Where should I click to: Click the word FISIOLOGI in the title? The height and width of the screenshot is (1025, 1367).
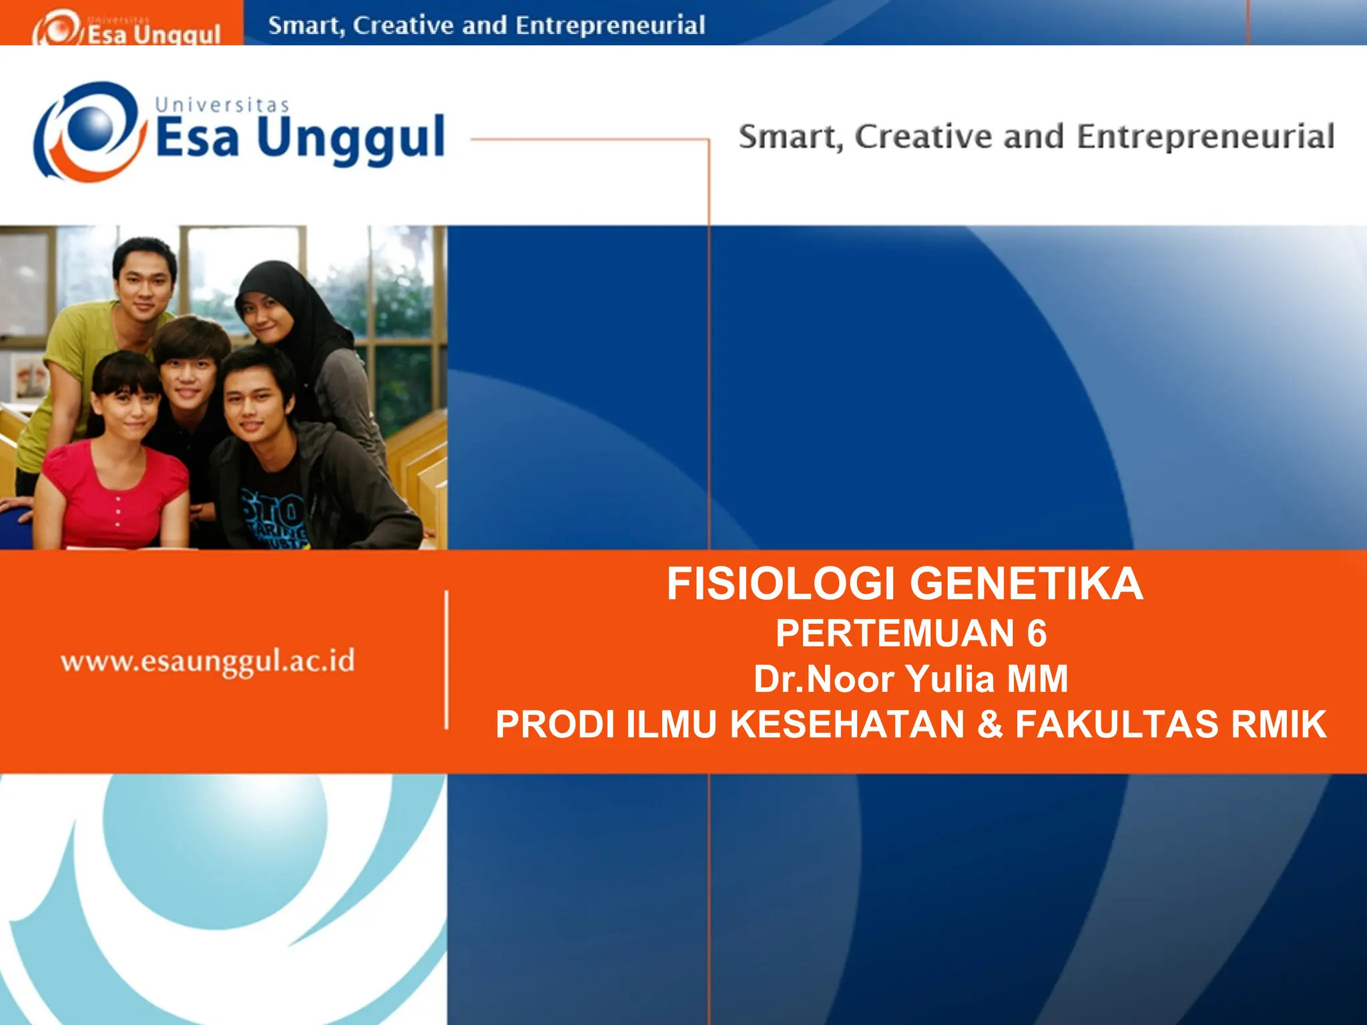click(x=780, y=584)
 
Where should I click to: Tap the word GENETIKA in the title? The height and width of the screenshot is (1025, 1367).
click(x=1027, y=584)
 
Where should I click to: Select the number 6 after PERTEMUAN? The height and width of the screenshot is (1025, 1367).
click(x=1037, y=633)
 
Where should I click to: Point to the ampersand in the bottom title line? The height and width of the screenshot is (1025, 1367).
click(x=990, y=724)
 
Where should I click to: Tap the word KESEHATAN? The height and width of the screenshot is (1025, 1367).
click(x=847, y=724)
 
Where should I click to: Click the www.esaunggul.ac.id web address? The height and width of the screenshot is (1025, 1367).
click(x=208, y=661)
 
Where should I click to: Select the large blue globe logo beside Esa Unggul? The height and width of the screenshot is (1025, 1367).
click(x=90, y=131)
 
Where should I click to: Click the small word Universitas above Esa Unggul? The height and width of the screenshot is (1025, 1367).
click(x=222, y=105)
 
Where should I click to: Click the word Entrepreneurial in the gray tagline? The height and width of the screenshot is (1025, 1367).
click(x=1205, y=137)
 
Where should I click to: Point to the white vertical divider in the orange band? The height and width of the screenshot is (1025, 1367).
click(x=447, y=659)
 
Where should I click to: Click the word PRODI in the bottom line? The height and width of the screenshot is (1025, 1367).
click(x=555, y=724)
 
